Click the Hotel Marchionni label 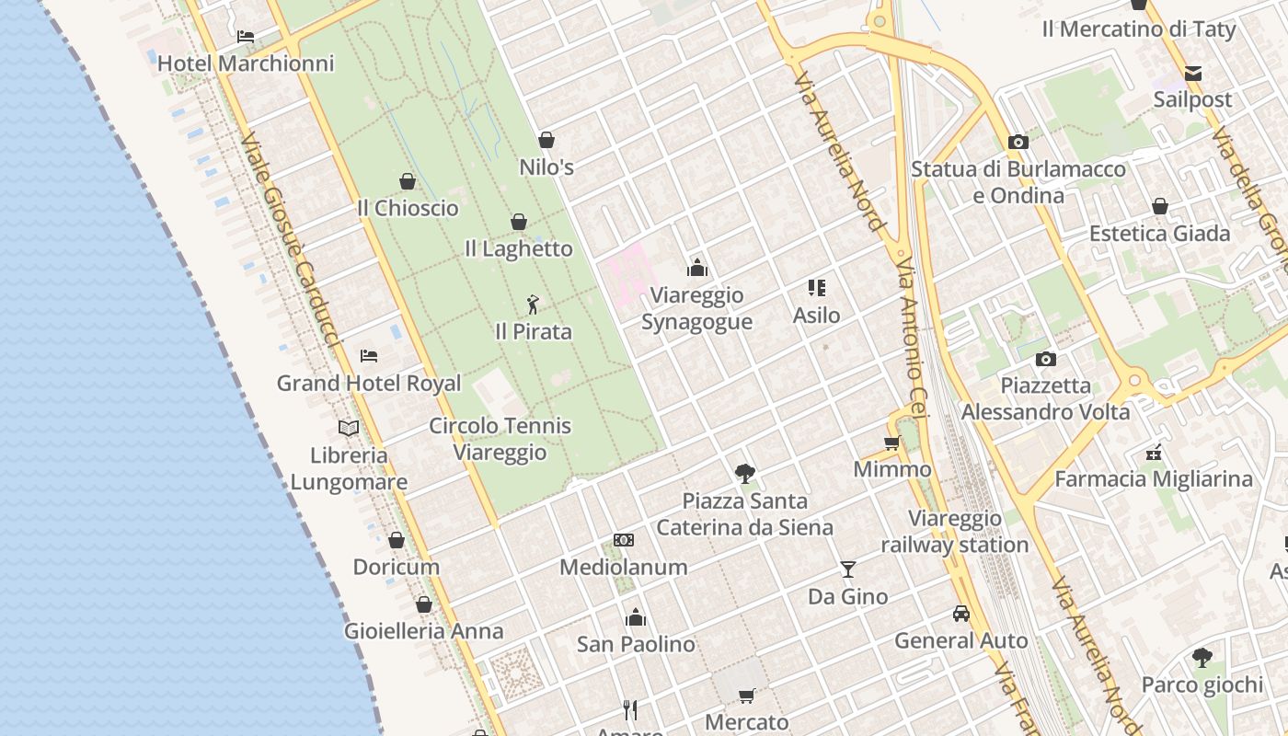246,63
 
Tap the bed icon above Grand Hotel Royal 369,355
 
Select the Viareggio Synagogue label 696,308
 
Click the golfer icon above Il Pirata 533,305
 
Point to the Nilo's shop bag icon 546,140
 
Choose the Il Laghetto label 519,248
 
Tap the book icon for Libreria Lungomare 349,428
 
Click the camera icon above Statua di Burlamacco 1018,142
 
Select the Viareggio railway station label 955,532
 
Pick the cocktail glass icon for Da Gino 847,569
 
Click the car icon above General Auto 960,614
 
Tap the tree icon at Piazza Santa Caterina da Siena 744,474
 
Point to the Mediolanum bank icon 624,540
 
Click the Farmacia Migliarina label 1154,479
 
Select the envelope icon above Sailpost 1192,73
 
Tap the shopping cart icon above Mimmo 891,443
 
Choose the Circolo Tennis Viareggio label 500,439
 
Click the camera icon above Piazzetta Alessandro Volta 1045,359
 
